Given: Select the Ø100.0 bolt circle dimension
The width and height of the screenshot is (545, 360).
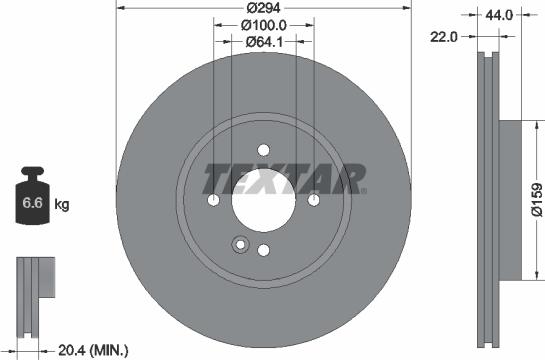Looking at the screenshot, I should [x=264, y=26].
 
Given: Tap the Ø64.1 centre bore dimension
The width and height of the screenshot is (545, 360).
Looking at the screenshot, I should [x=264, y=42].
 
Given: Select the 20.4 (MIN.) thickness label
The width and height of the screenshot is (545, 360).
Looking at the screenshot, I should [x=92, y=350].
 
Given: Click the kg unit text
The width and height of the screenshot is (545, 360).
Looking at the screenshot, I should [x=62, y=205].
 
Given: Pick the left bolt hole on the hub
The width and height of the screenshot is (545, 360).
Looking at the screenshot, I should [x=214, y=201].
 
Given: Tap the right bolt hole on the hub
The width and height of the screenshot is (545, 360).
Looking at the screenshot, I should [x=314, y=201].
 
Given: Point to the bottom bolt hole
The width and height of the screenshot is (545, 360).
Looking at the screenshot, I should [x=264, y=250].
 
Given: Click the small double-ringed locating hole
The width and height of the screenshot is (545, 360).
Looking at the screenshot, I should [x=238, y=243].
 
